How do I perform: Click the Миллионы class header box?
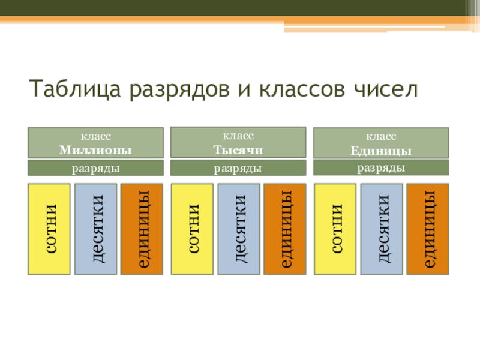[95, 143]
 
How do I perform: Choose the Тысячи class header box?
[238, 142]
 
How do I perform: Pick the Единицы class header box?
[381, 143]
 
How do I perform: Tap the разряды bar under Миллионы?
[95, 169]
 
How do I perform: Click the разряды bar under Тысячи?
[238, 169]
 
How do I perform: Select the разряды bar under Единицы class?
[381, 168]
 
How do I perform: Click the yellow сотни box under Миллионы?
[49, 229]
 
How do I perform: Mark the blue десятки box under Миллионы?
[95, 229]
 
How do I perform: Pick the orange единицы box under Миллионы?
[142, 229]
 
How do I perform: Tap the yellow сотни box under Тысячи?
[192, 229]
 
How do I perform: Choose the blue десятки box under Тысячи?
[238, 229]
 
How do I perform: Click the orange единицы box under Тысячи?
[284, 229]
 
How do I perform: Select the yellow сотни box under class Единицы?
[335, 229]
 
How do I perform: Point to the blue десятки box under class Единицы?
[381, 229]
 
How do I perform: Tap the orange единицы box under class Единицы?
[427, 229]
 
